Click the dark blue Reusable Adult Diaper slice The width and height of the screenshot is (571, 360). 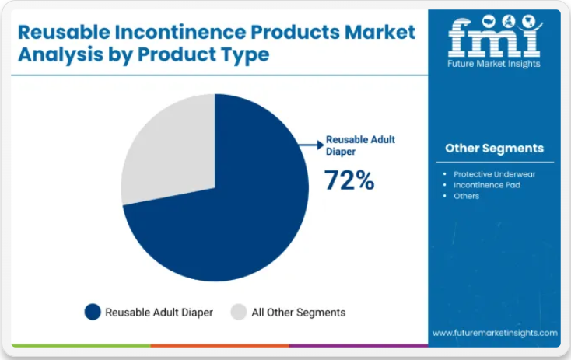point(233,218)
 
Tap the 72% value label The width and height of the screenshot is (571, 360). point(349,180)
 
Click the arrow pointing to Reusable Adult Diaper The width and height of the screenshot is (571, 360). point(311,144)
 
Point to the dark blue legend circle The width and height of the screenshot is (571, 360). point(93,312)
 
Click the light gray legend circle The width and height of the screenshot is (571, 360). point(239,312)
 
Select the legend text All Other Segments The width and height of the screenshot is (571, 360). point(299,313)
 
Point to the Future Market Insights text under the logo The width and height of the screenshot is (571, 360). point(494,64)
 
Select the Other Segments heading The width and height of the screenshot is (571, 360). point(494,148)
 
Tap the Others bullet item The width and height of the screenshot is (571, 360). point(467,196)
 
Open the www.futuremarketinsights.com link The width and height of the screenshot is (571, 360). point(495,333)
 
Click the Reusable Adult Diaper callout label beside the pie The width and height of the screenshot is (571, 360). point(360,145)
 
